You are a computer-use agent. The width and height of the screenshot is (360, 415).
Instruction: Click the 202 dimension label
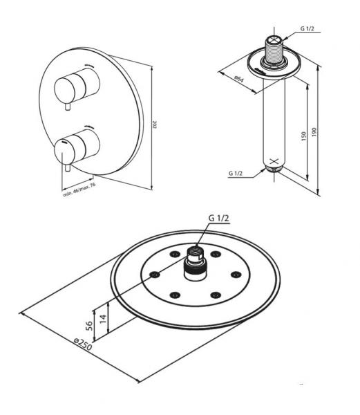pos(154,125)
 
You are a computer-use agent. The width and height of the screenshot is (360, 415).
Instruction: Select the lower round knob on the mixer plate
pos(82,145)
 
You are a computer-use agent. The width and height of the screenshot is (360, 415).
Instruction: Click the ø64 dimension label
pos(238,80)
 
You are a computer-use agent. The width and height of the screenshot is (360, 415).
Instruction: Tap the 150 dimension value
pos(303,137)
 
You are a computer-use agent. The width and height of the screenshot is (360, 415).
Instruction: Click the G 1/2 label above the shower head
pos(219,218)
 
